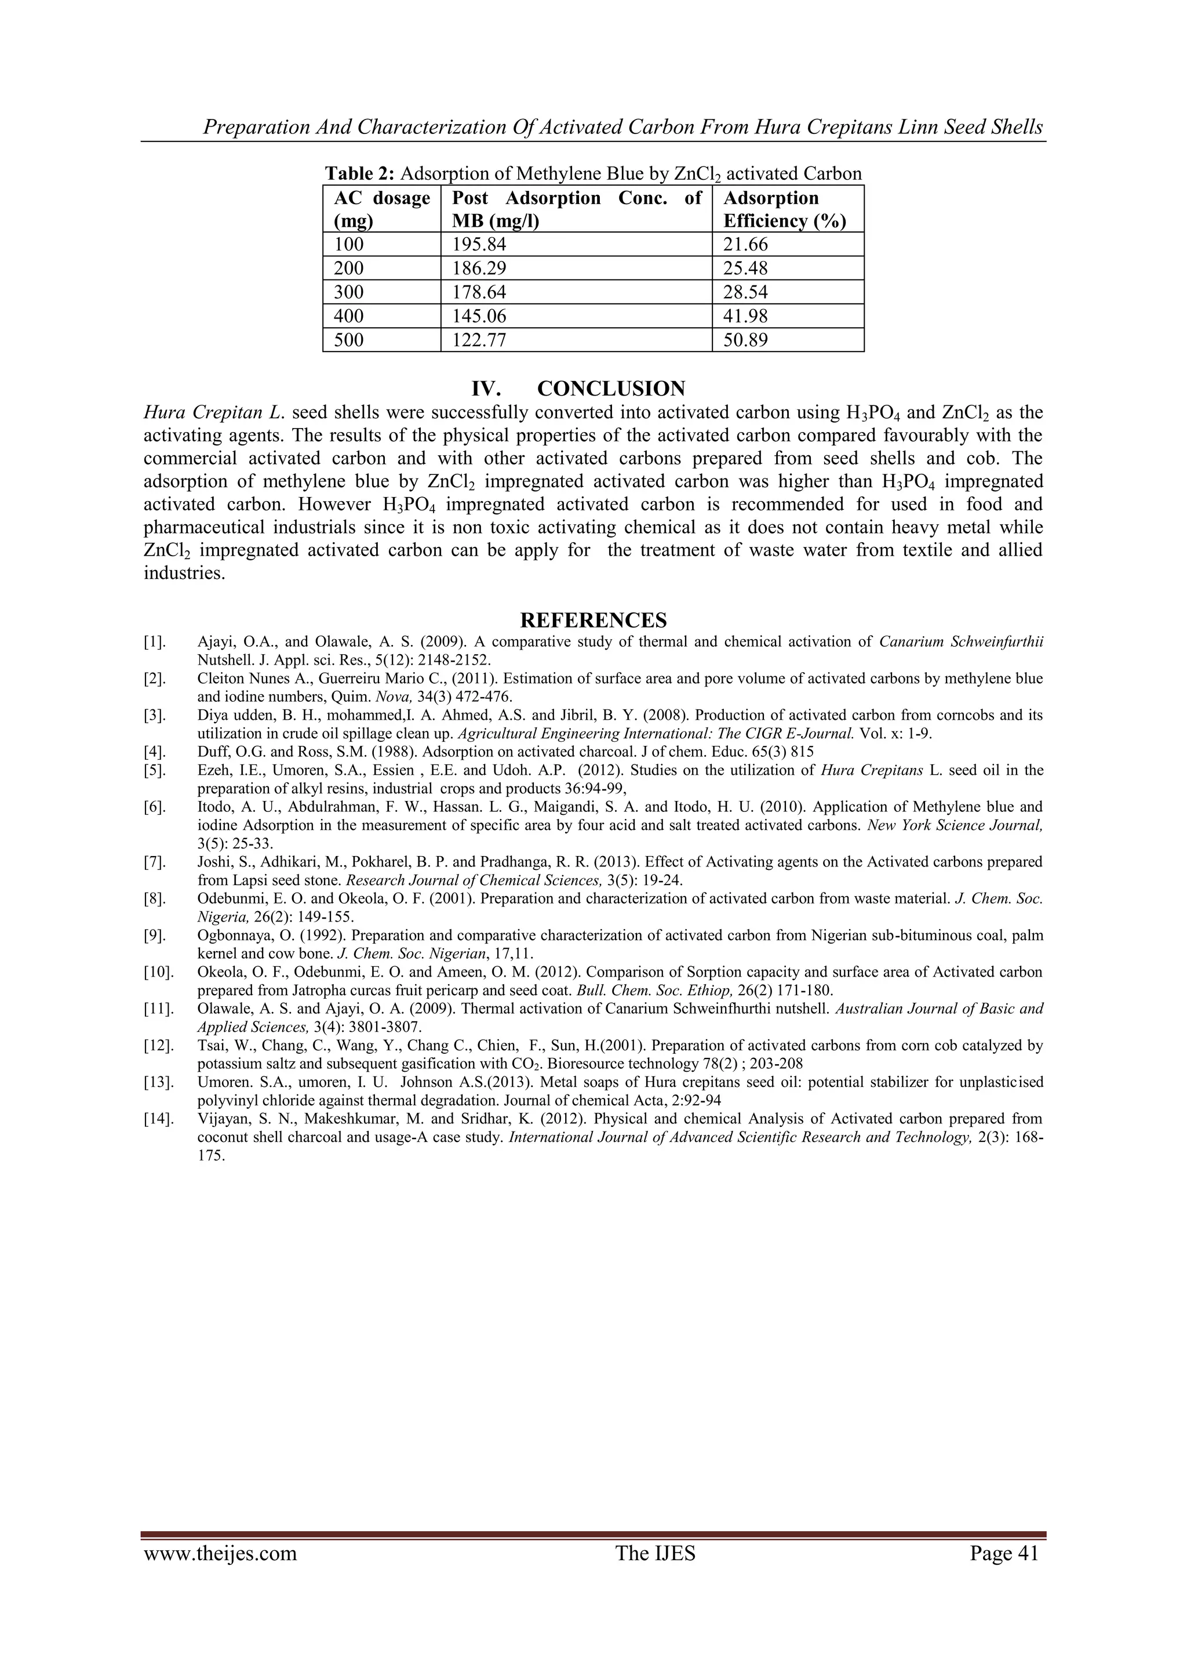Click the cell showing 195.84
(479, 245)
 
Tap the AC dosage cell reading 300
(349, 292)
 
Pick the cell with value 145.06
(479, 316)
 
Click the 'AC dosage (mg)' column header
(381, 209)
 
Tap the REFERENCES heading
(593, 621)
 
